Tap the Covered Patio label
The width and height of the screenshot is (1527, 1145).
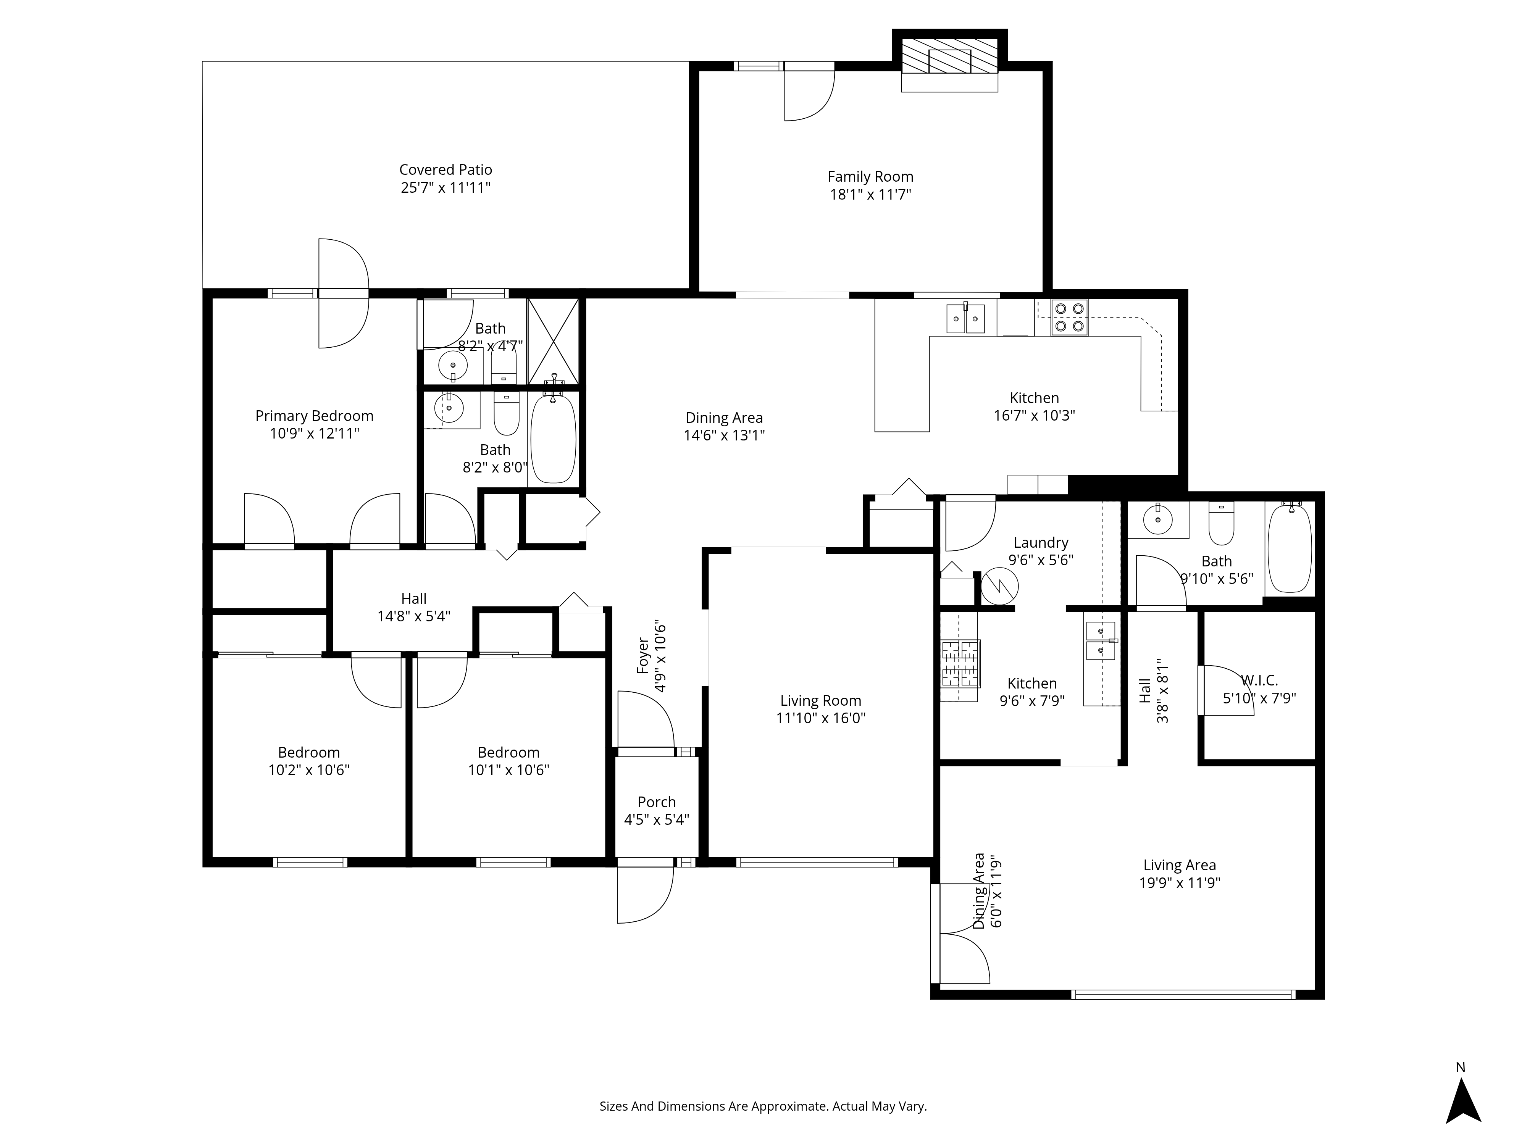pos(446,170)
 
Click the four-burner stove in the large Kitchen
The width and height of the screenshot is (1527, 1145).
pos(1069,318)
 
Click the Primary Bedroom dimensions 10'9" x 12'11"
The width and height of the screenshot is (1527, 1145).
pos(315,434)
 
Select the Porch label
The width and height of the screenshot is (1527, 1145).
pos(657,802)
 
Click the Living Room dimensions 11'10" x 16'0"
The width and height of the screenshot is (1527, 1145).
pos(821,718)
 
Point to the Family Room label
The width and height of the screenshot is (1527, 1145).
pos(870,177)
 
